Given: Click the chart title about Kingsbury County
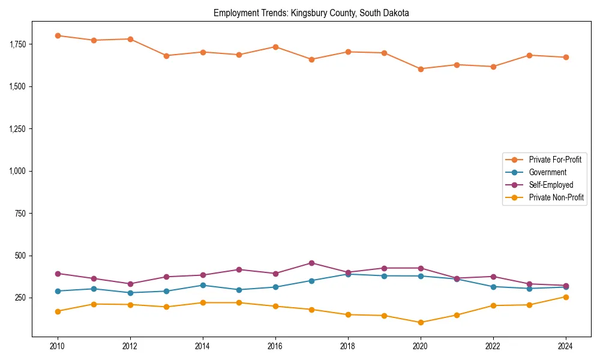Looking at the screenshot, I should pyautogui.click(x=311, y=13).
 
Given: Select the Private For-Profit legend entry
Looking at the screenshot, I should pyautogui.click(x=554, y=160).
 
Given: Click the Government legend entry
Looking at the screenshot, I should pyautogui.click(x=547, y=172).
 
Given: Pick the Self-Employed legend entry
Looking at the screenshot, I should pyautogui.click(x=551, y=185).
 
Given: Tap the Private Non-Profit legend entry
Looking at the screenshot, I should pyautogui.click(x=556, y=197).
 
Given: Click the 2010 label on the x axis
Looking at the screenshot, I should pyautogui.click(x=58, y=346).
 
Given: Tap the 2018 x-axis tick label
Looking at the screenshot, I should pyautogui.click(x=348, y=346).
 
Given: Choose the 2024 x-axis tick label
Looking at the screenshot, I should pyautogui.click(x=565, y=346).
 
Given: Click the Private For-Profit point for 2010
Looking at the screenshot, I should pyautogui.click(x=58, y=35).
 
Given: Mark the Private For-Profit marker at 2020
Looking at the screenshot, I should pyautogui.click(x=421, y=69).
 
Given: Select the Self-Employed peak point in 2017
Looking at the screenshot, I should pyautogui.click(x=311, y=263).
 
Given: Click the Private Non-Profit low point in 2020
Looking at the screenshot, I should pyautogui.click(x=421, y=322).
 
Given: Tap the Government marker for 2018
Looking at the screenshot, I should pyautogui.click(x=348, y=274).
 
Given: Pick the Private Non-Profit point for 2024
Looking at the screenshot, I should pyautogui.click(x=565, y=297).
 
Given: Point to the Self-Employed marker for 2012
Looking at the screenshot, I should pyautogui.click(x=130, y=284).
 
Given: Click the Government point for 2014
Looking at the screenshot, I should pyautogui.click(x=203, y=285).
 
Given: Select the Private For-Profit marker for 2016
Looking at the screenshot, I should pyautogui.click(x=275, y=47).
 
